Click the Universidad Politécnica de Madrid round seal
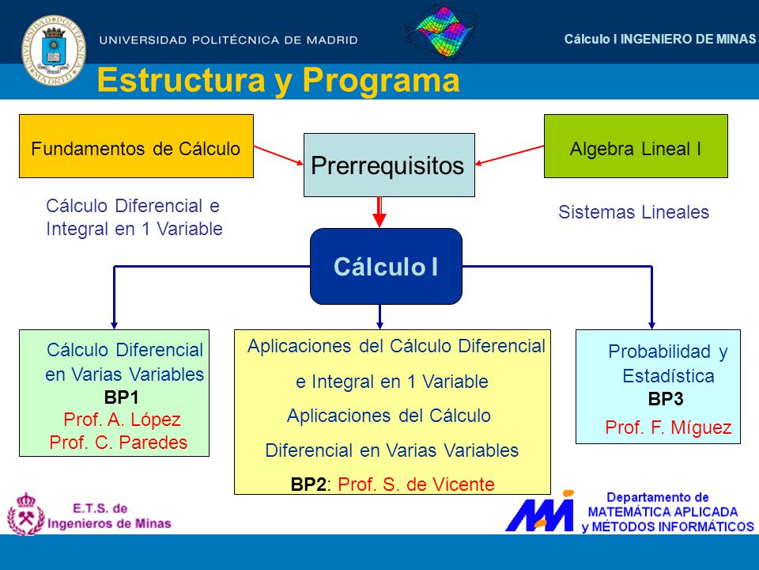tap(54, 51)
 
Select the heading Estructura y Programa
tap(278, 81)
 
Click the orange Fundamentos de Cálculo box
tap(136, 146)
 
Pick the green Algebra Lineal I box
tap(636, 146)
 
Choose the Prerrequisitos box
tap(389, 165)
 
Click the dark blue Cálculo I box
tap(386, 266)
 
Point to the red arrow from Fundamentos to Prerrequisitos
tap(278, 155)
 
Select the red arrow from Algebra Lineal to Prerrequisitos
tap(509, 155)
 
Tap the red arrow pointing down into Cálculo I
tap(379, 212)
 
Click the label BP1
tap(122, 397)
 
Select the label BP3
tap(666, 399)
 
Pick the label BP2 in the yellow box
tap(308, 484)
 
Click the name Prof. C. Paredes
tap(118, 442)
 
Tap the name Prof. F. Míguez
tap(668, 427)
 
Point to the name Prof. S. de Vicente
tap(416, 484)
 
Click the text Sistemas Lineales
tap(633, 212)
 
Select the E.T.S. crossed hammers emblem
tap(25, 515)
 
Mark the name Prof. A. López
tap(122, 420)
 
